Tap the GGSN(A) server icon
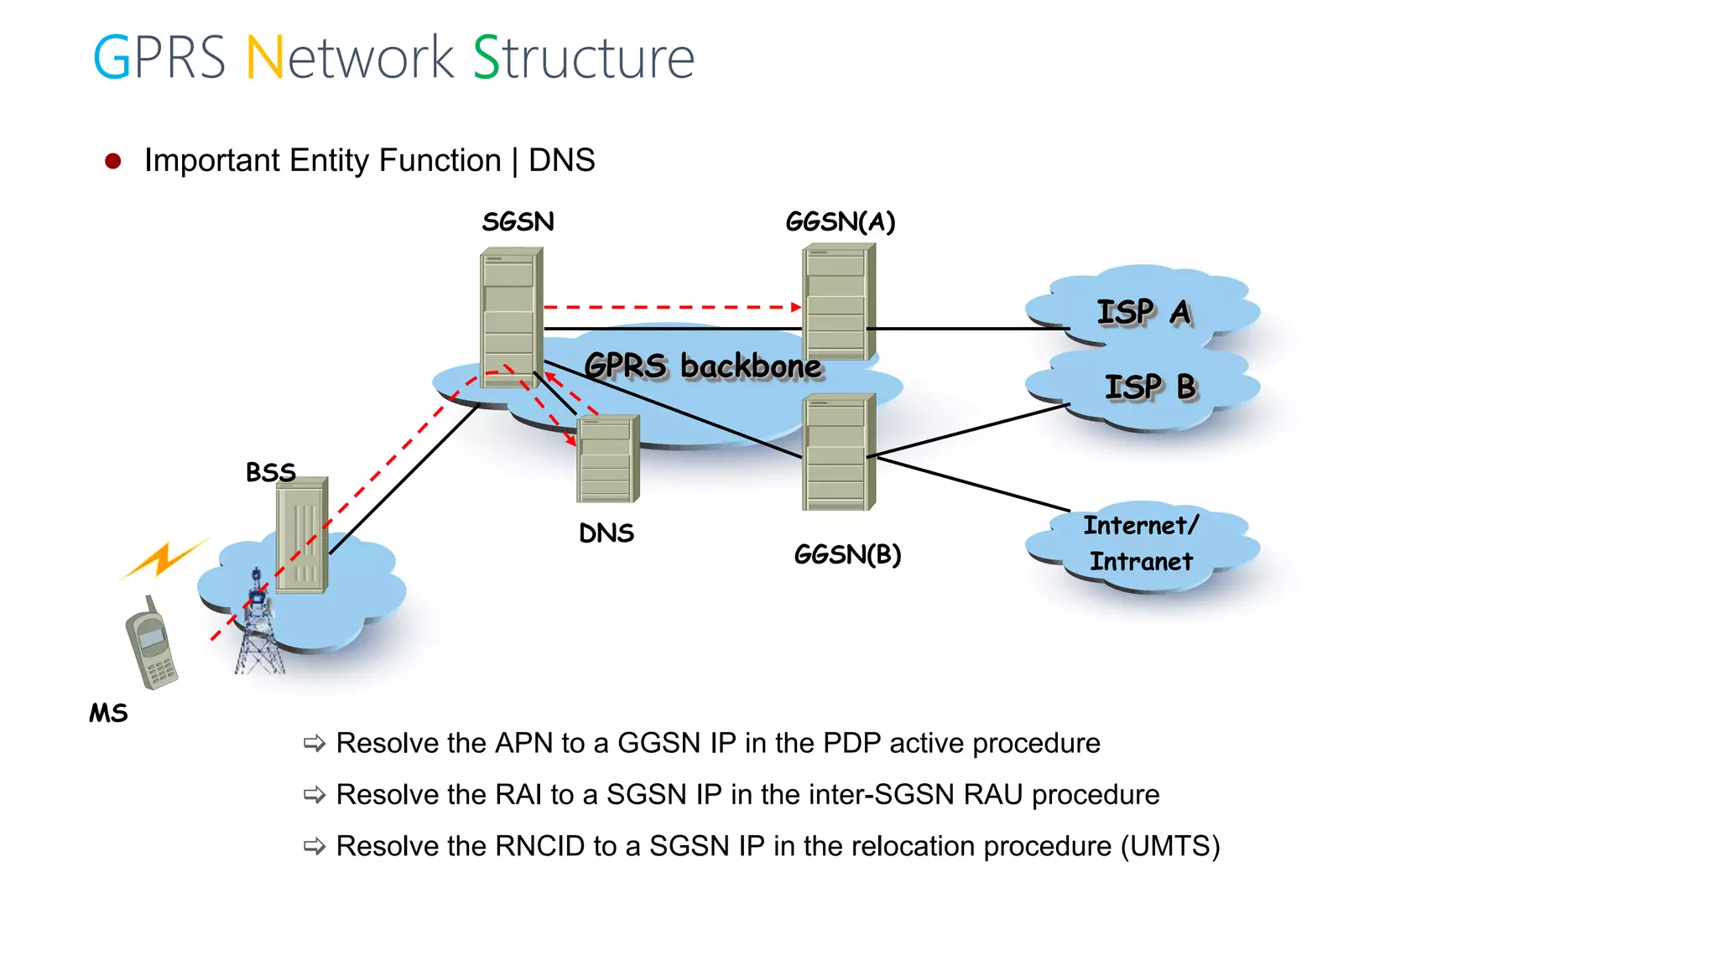coord(838,302)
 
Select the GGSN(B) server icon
coord(838,453)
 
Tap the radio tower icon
coord(258,625)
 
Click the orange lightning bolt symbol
coord(164,558)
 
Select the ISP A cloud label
coord(1143,312)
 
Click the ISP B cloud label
coord(1149,387)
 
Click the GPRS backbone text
coord(703,366)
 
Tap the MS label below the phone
coord(108,713)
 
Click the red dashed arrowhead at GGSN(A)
coord(796,307)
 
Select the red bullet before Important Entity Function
coord(113,161)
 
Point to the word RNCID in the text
coord(539,846)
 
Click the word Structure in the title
coord(584,58)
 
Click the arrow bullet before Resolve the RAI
coord(315,794)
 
